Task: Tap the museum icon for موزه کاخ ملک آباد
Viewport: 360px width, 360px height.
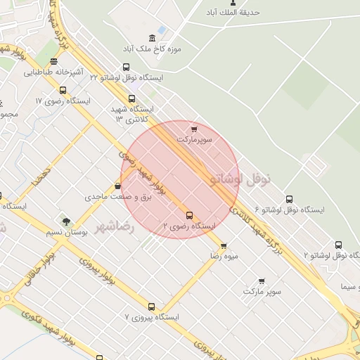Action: (x=152, y=38)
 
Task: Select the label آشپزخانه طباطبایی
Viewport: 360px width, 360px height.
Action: (x=54, y=72)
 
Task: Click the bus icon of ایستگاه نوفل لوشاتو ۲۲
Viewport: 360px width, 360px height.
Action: (x=126, y=67)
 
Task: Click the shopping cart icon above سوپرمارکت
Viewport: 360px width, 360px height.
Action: (x=194, y=129)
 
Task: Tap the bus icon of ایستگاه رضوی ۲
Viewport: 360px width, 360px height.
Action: (x=189, y=215)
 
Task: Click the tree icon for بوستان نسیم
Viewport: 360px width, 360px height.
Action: (x=66, y=222)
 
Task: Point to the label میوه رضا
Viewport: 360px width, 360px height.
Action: (x=224, y=257)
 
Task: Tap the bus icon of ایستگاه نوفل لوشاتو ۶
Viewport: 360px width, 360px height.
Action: (x=289, y=199)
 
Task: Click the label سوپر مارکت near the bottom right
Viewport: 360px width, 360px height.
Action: (x=262, y=290)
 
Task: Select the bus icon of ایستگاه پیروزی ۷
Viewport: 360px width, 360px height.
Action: (x=151, y=307)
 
